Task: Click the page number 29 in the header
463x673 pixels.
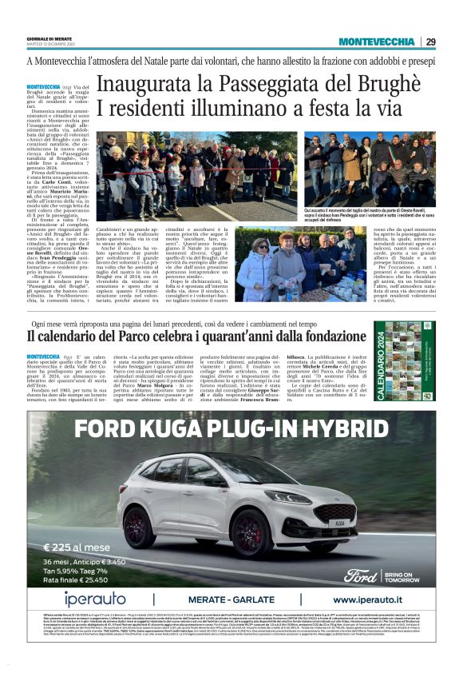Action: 430,42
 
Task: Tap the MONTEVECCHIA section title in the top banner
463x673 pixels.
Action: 376,42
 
